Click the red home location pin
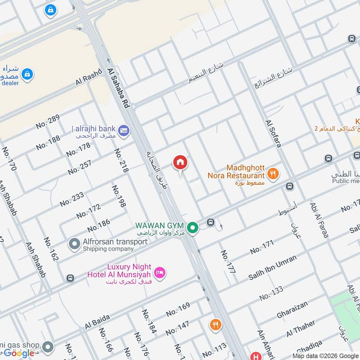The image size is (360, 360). click(180, 162)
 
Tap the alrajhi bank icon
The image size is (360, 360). click(125, 130)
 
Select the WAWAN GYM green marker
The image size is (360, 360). click(193, 228)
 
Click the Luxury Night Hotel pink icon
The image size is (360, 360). click(159, 273)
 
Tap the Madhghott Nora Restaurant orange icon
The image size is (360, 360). click(272, 173)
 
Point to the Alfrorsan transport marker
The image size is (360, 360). click(74, 244)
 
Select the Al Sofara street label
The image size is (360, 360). click(274, 134)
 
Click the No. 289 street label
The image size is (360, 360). click(47, 122)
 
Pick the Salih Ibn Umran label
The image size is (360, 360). click(273, 268)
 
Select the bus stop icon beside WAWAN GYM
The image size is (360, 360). click(210, 222)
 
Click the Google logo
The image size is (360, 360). click(19, 353)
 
